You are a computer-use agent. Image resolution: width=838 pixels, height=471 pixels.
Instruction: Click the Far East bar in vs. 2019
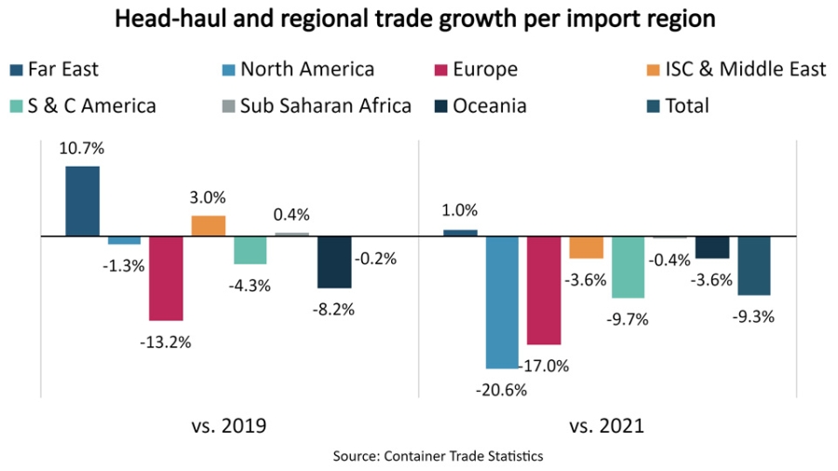82,201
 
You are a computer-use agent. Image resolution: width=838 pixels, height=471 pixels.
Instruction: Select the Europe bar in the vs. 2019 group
166,277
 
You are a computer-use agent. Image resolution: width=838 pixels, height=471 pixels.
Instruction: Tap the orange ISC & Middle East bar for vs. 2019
209,225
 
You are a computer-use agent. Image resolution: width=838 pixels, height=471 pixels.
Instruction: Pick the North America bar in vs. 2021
502,302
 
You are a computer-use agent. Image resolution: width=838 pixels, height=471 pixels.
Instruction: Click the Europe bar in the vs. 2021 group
544,289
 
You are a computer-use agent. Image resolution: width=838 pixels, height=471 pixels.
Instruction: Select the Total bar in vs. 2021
754,265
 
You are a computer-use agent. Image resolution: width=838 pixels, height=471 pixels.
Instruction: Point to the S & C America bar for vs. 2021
628,266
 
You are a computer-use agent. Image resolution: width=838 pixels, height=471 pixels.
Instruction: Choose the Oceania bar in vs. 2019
334,262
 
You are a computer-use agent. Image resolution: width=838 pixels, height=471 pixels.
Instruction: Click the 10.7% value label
82,149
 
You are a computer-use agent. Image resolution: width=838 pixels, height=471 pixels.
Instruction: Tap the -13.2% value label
167,342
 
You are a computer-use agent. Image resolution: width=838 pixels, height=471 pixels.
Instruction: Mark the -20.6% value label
502,390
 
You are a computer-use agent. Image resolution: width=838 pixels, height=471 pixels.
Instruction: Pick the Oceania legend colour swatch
441,105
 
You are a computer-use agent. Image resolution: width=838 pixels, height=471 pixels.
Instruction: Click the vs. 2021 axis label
607,426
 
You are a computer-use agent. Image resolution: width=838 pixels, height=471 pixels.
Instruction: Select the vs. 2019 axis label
229,426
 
